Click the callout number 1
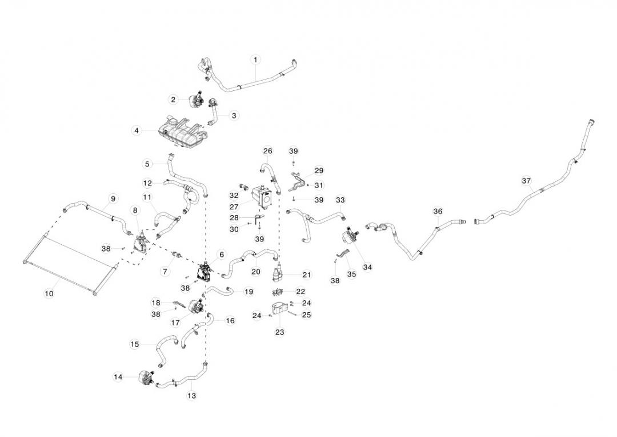255,59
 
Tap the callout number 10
49,293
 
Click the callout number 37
526,181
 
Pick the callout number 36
438,211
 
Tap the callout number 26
268,151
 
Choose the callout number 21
307,275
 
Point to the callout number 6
221,254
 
